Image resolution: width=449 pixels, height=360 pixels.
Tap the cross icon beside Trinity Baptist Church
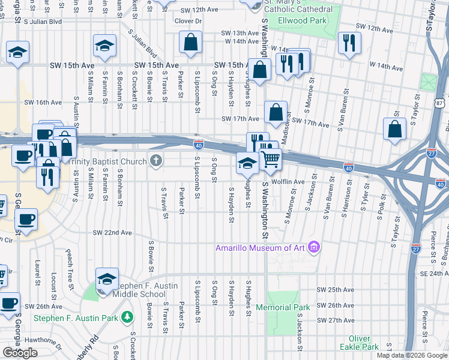156,161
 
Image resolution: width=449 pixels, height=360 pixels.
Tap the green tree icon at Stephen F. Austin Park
127,317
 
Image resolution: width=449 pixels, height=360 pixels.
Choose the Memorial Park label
283,307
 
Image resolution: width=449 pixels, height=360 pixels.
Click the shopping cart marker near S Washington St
271,160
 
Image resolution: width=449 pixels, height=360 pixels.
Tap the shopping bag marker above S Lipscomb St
190,43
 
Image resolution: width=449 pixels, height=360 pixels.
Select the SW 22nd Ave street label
112,232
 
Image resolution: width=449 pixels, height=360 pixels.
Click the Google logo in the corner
20,353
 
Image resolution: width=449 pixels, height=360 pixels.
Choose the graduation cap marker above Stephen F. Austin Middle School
107,279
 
